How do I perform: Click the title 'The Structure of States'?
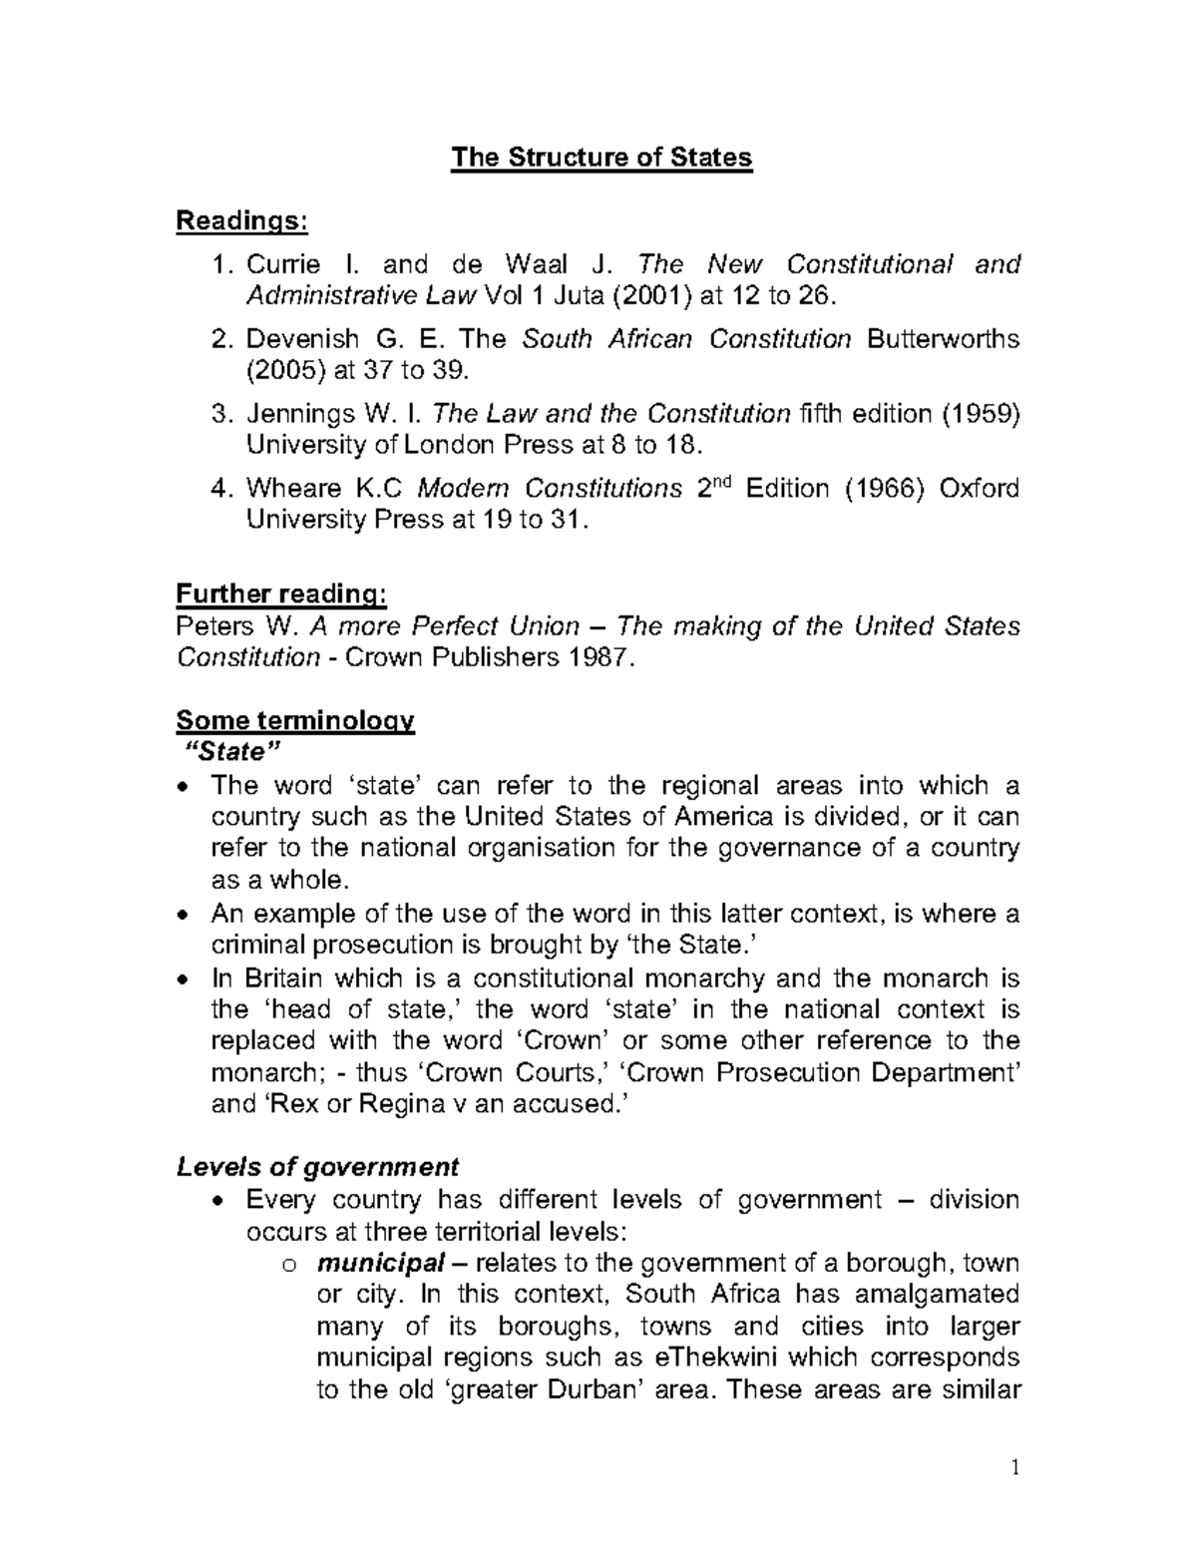tap(600, 158)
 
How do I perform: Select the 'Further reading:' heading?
tap(280, 594)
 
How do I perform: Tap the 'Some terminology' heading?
tap(294, 720)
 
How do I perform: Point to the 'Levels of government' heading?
tap(317, 1167)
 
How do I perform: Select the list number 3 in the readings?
tap(222, 413)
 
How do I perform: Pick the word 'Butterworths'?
tap(944, 339)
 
